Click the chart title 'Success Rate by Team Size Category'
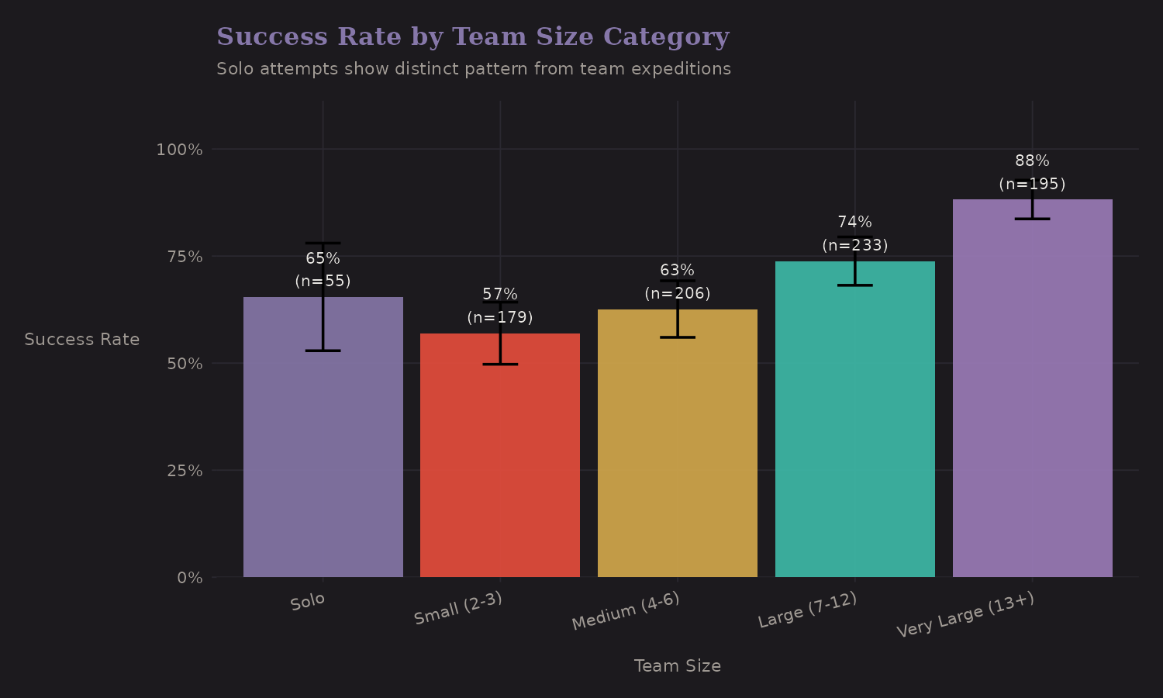coord(472,36)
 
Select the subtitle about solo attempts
coord(473,69)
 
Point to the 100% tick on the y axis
coord(179,150)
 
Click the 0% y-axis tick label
coord(189,578)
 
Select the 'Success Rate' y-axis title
coord(82,340)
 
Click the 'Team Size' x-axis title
coord(677,666)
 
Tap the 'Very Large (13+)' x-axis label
coord(965,615)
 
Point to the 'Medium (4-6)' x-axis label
coord(626,611)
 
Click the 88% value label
coord(1032,161)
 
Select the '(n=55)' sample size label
coord(323,282)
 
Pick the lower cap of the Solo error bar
coord(323,351)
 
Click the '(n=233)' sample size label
coord(854,246)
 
